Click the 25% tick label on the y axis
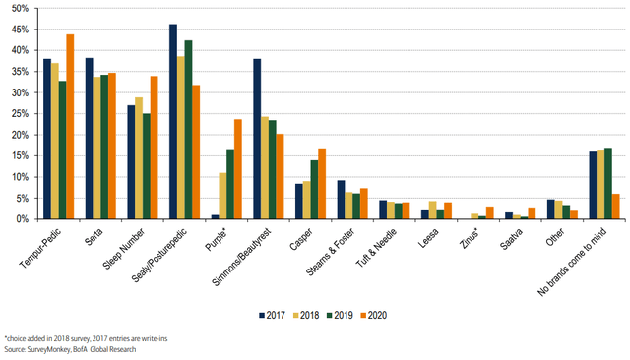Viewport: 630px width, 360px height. tap(17, 114)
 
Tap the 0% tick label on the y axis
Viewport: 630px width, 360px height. tap(20, 219)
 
